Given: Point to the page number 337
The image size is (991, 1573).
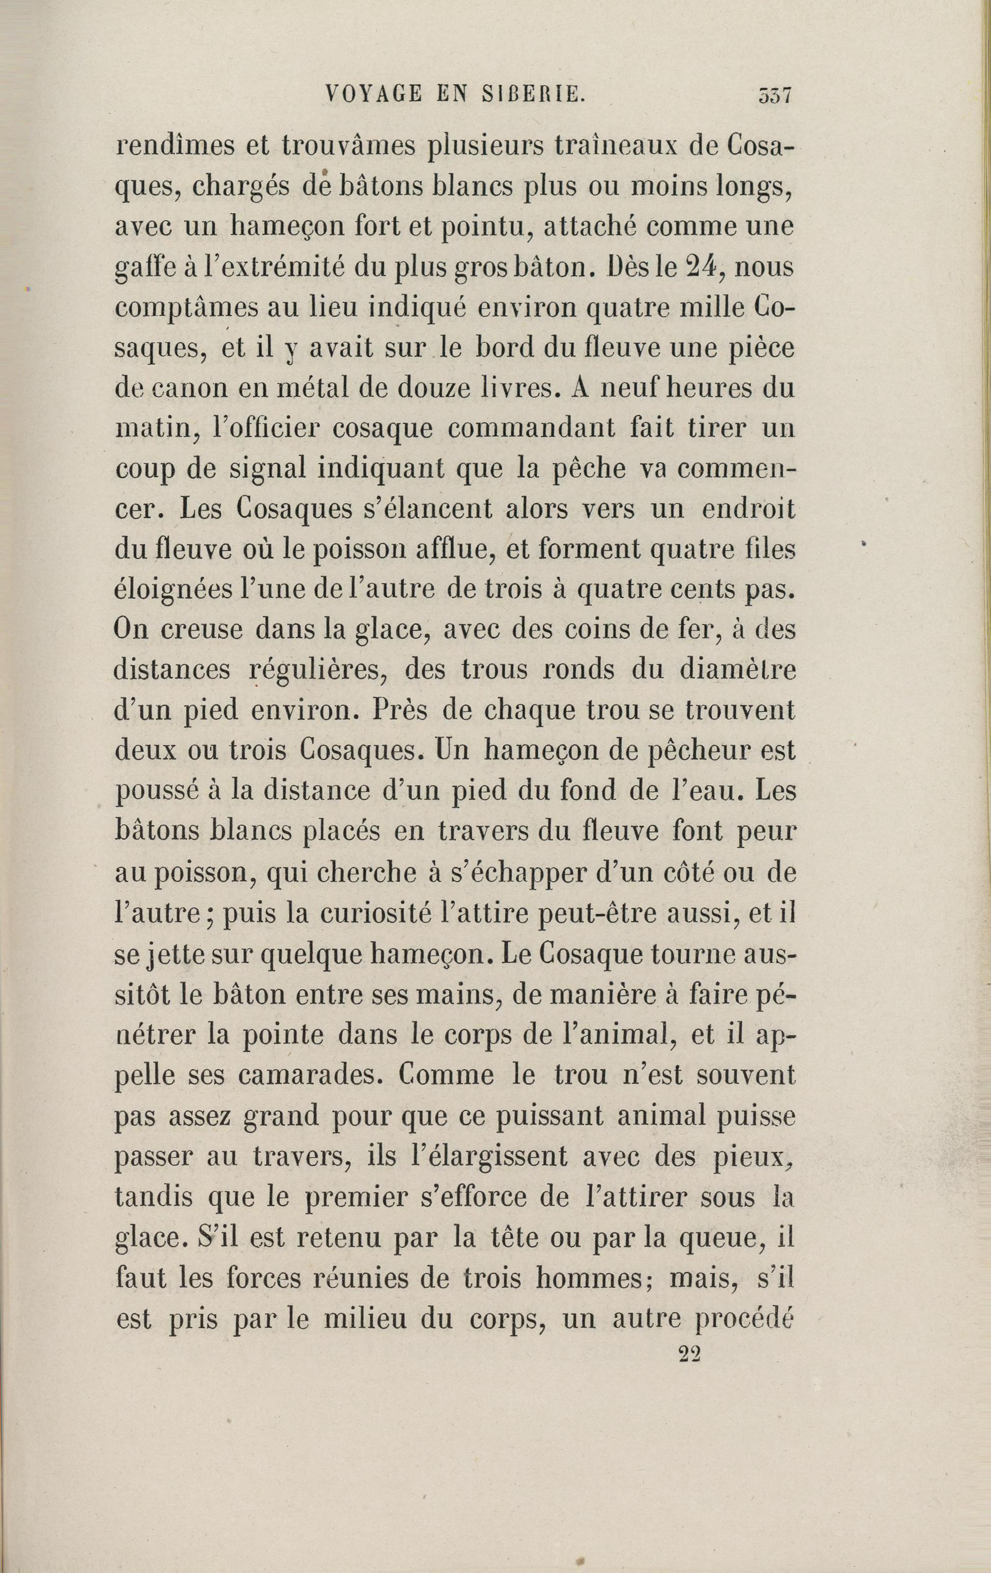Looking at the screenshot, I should coord(774,96).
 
